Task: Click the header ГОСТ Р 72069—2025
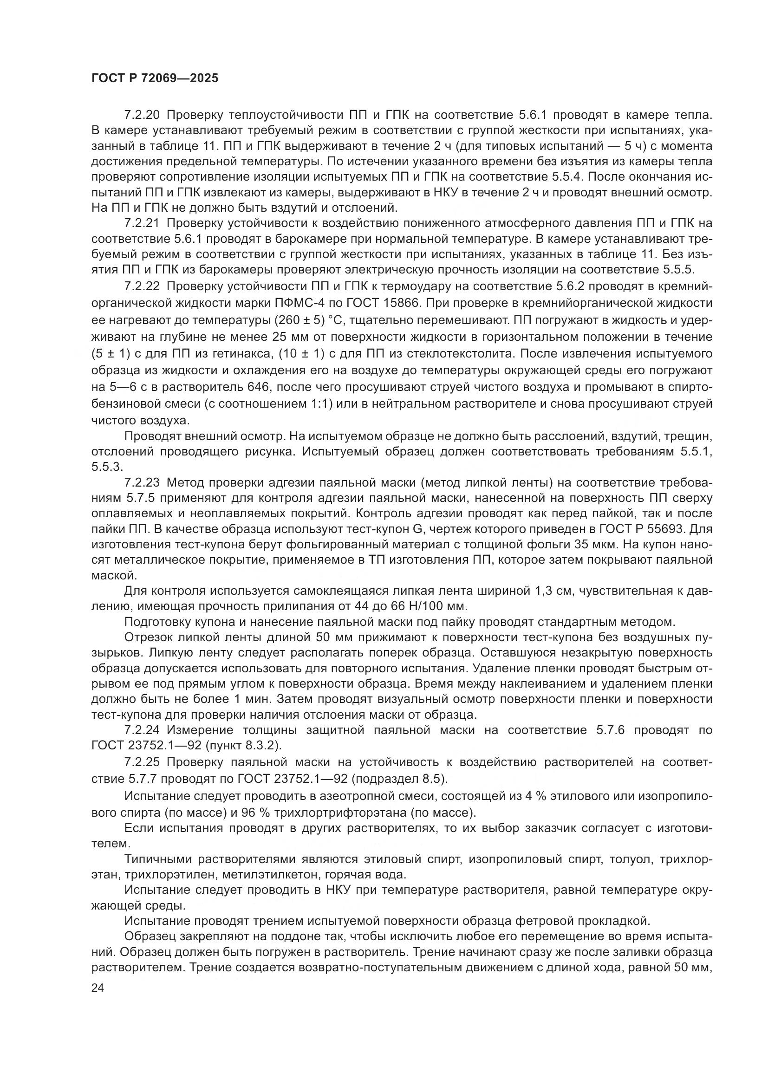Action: (155, 78)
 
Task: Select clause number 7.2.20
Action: (143, 116)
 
